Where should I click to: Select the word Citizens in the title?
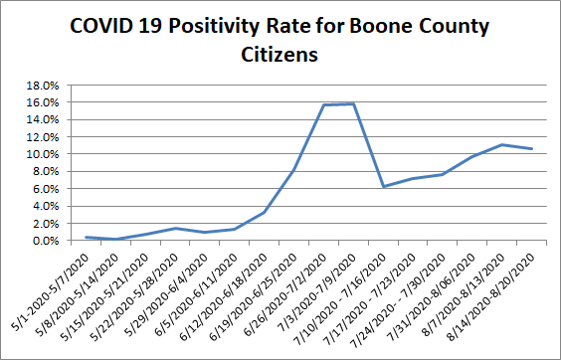pyautogui.click(x=280, y=55)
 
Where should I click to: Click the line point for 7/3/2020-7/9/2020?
pyautogui.click(x=354, y=103)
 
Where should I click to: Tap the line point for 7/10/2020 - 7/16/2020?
pyautogui.click(x=384, y=186)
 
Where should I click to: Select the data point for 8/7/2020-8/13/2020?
pyautogui.click(x=502, y=144)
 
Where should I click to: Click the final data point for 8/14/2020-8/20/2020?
pyautogui.click(x=532, y=149)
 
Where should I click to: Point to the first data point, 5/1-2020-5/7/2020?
pyautogui.click(x=88, y=237)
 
